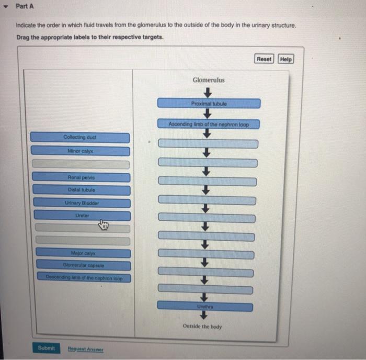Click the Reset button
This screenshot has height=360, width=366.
click(264, 59)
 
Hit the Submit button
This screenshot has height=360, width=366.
click(46, 348)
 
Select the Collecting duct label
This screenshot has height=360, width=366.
click(79, 137)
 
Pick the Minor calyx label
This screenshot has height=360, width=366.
click(80, 151)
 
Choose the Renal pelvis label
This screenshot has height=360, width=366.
click(81, 177)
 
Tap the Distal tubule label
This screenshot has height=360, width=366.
click(81, 189)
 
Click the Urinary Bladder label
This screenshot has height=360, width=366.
click(82, 203)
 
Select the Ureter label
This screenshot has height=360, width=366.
click(82, 215)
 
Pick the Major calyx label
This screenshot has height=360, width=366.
click(83, 253)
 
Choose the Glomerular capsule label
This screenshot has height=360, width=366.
click(83, 265)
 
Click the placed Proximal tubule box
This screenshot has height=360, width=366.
click(208, 104)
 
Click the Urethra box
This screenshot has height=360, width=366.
click(205, 305)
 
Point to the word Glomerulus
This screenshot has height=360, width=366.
click(209, 80)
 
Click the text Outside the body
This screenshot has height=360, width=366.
click(202, 327)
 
